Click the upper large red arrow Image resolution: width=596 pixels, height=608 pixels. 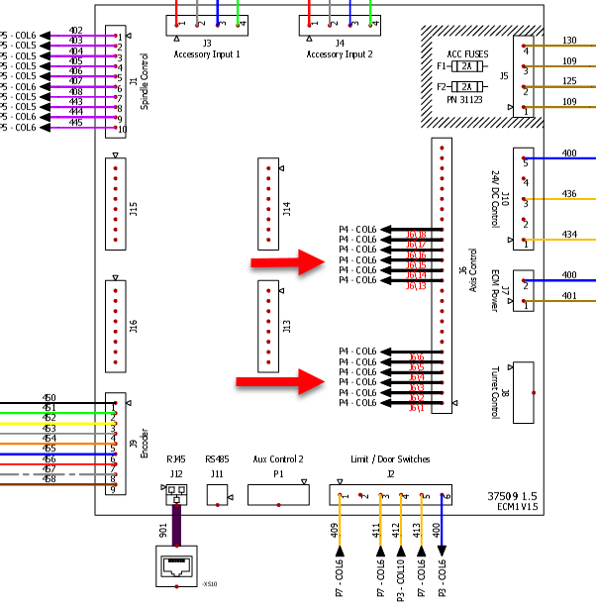pos(288,262)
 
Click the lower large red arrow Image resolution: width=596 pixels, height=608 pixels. pos(281,380)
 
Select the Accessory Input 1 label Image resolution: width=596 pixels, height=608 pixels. pos(207,54)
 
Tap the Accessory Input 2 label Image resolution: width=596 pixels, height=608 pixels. pos(340,54)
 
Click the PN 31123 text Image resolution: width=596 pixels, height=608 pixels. pos(466,99)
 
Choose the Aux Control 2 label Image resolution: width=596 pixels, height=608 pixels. pos(278,459)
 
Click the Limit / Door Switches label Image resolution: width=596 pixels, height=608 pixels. pos(390,459)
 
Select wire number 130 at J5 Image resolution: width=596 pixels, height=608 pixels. pos(569,41)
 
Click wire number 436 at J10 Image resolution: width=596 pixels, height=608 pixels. pos(569,194)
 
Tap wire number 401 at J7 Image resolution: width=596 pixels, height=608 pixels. pos(569,295)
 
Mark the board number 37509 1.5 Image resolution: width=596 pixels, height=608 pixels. pos(515,494)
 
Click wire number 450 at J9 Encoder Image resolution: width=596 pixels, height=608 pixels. pos(49,398)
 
